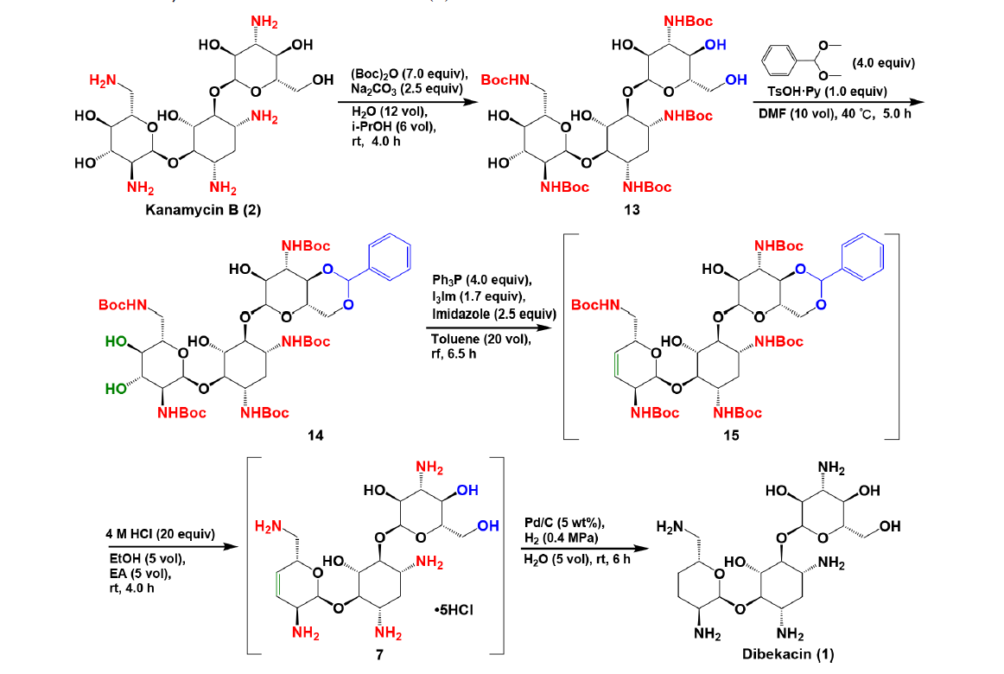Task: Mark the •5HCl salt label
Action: [454, 610]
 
